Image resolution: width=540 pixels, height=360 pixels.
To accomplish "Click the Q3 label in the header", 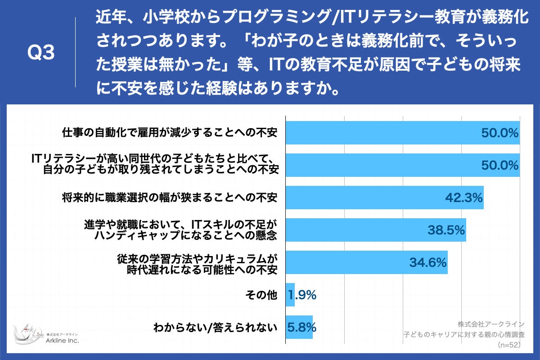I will (x=41, y=53).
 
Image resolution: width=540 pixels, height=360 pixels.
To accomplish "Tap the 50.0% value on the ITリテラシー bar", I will (x=499, y=165).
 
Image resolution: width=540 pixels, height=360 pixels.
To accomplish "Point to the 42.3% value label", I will (x=463, y=198).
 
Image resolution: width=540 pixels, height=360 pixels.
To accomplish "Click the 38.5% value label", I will (x=445, y=230).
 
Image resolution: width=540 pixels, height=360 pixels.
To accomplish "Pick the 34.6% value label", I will (x=427, y=262).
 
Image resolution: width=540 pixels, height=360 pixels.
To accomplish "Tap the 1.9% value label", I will (x=302, y=295).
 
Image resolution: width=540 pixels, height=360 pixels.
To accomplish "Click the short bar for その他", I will (x=290, y=295).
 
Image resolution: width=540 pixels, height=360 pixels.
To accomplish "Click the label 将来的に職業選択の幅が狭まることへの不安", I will (x=169, y=198).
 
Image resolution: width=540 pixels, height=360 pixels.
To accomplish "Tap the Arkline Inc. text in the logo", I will (x=62, y=341).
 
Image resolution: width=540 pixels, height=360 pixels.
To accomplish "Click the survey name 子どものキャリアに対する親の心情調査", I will (x=464, y=334).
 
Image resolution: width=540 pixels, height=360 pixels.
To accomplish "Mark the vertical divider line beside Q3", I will (x=75, y=52).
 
